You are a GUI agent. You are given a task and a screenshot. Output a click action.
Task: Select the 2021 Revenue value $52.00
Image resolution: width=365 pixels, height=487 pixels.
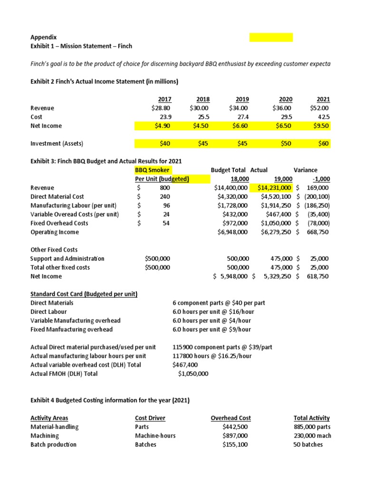tap(319, 108)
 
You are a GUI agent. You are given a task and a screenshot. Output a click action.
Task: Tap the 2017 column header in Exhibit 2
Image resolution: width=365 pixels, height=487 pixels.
tap(164, 99)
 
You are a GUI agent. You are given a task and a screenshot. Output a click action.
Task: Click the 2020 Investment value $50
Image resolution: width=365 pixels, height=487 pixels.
tap(286, 144)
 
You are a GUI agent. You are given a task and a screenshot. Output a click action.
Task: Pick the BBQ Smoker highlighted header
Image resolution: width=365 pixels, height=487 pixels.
tap(153, 170)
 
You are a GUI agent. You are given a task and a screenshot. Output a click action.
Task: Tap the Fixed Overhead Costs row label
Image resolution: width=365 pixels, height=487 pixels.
tap(59, 223)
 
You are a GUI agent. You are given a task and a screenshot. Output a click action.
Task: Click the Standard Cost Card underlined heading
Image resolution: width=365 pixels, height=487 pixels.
tap(84, 294)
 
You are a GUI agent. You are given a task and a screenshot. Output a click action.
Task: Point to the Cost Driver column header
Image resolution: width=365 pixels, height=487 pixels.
tap(150, 418)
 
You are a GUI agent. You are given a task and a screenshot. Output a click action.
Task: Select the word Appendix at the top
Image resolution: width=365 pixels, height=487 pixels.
tap(43, 37)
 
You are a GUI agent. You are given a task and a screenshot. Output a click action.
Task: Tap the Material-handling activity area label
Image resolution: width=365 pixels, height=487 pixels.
tap(55, 427)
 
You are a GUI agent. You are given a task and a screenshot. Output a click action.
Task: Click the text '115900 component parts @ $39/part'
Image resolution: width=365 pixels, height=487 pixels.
tap(222, 347)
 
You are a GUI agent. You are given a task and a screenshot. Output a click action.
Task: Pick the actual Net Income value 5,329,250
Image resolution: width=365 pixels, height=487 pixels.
tap(274, 276)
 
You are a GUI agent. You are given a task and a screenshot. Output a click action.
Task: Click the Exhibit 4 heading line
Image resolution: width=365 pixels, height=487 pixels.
tap(110, 400)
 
